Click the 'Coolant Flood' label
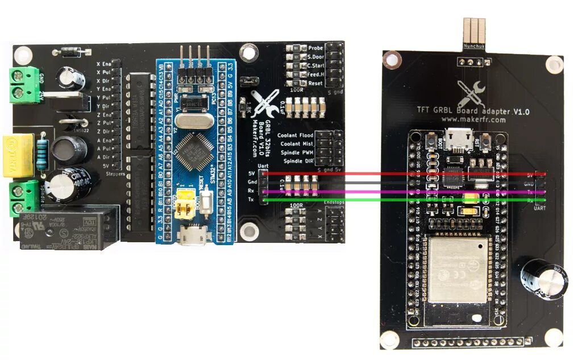pyautogui.click(x=295, y=136)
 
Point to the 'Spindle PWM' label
pyautogui.click(x=297, y=153)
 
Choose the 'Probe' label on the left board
pyautogui.click(x=315, y=49)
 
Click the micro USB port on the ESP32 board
pyautogui.click(x=457, y=136)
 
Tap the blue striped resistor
pyautogui.click(x=42, y=155)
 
